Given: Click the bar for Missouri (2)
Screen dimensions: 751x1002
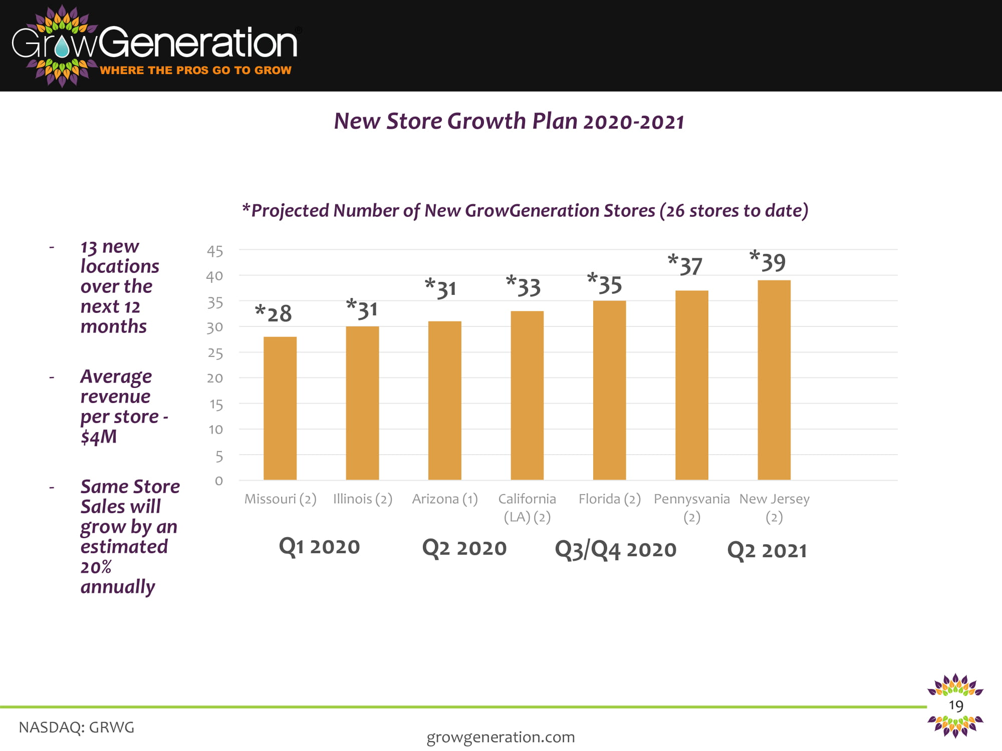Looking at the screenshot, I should click(x=280, y=408).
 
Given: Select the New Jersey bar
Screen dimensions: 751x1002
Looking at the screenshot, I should click(x=774, y=380).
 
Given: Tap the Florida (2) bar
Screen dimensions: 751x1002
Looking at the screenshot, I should click(x=609, y=390).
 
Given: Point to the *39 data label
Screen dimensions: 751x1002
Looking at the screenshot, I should click(x=768, y=262).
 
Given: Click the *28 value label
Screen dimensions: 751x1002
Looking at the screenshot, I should click(x=274, y=313).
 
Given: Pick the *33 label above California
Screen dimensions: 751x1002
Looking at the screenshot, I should click(x=523, y=287).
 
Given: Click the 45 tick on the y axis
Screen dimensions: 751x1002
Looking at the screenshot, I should click(x=215, y=251).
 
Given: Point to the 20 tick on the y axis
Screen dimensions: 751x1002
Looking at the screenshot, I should click(x=215, y=378).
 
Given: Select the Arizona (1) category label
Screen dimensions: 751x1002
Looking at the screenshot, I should click(x=445, y=499).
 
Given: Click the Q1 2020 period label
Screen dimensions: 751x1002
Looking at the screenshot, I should click(x=319, y=546).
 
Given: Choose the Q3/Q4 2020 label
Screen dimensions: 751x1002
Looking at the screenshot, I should click(x=615, y=549).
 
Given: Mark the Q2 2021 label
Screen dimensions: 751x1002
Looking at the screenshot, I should click(x=767, y=550).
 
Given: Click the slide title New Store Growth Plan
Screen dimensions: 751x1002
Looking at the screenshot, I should click(x=509, y=122).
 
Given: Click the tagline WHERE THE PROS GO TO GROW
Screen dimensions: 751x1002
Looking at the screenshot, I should click(x=195, y=70).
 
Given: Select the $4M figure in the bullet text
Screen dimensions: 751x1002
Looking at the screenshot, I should click(x=99, y=437).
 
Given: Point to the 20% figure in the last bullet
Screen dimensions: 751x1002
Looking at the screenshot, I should click(x=96, y=567).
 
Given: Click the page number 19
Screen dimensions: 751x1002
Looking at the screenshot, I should click(x=956, y=705).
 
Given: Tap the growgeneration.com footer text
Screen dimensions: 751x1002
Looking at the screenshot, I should click(x=500, y=737).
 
